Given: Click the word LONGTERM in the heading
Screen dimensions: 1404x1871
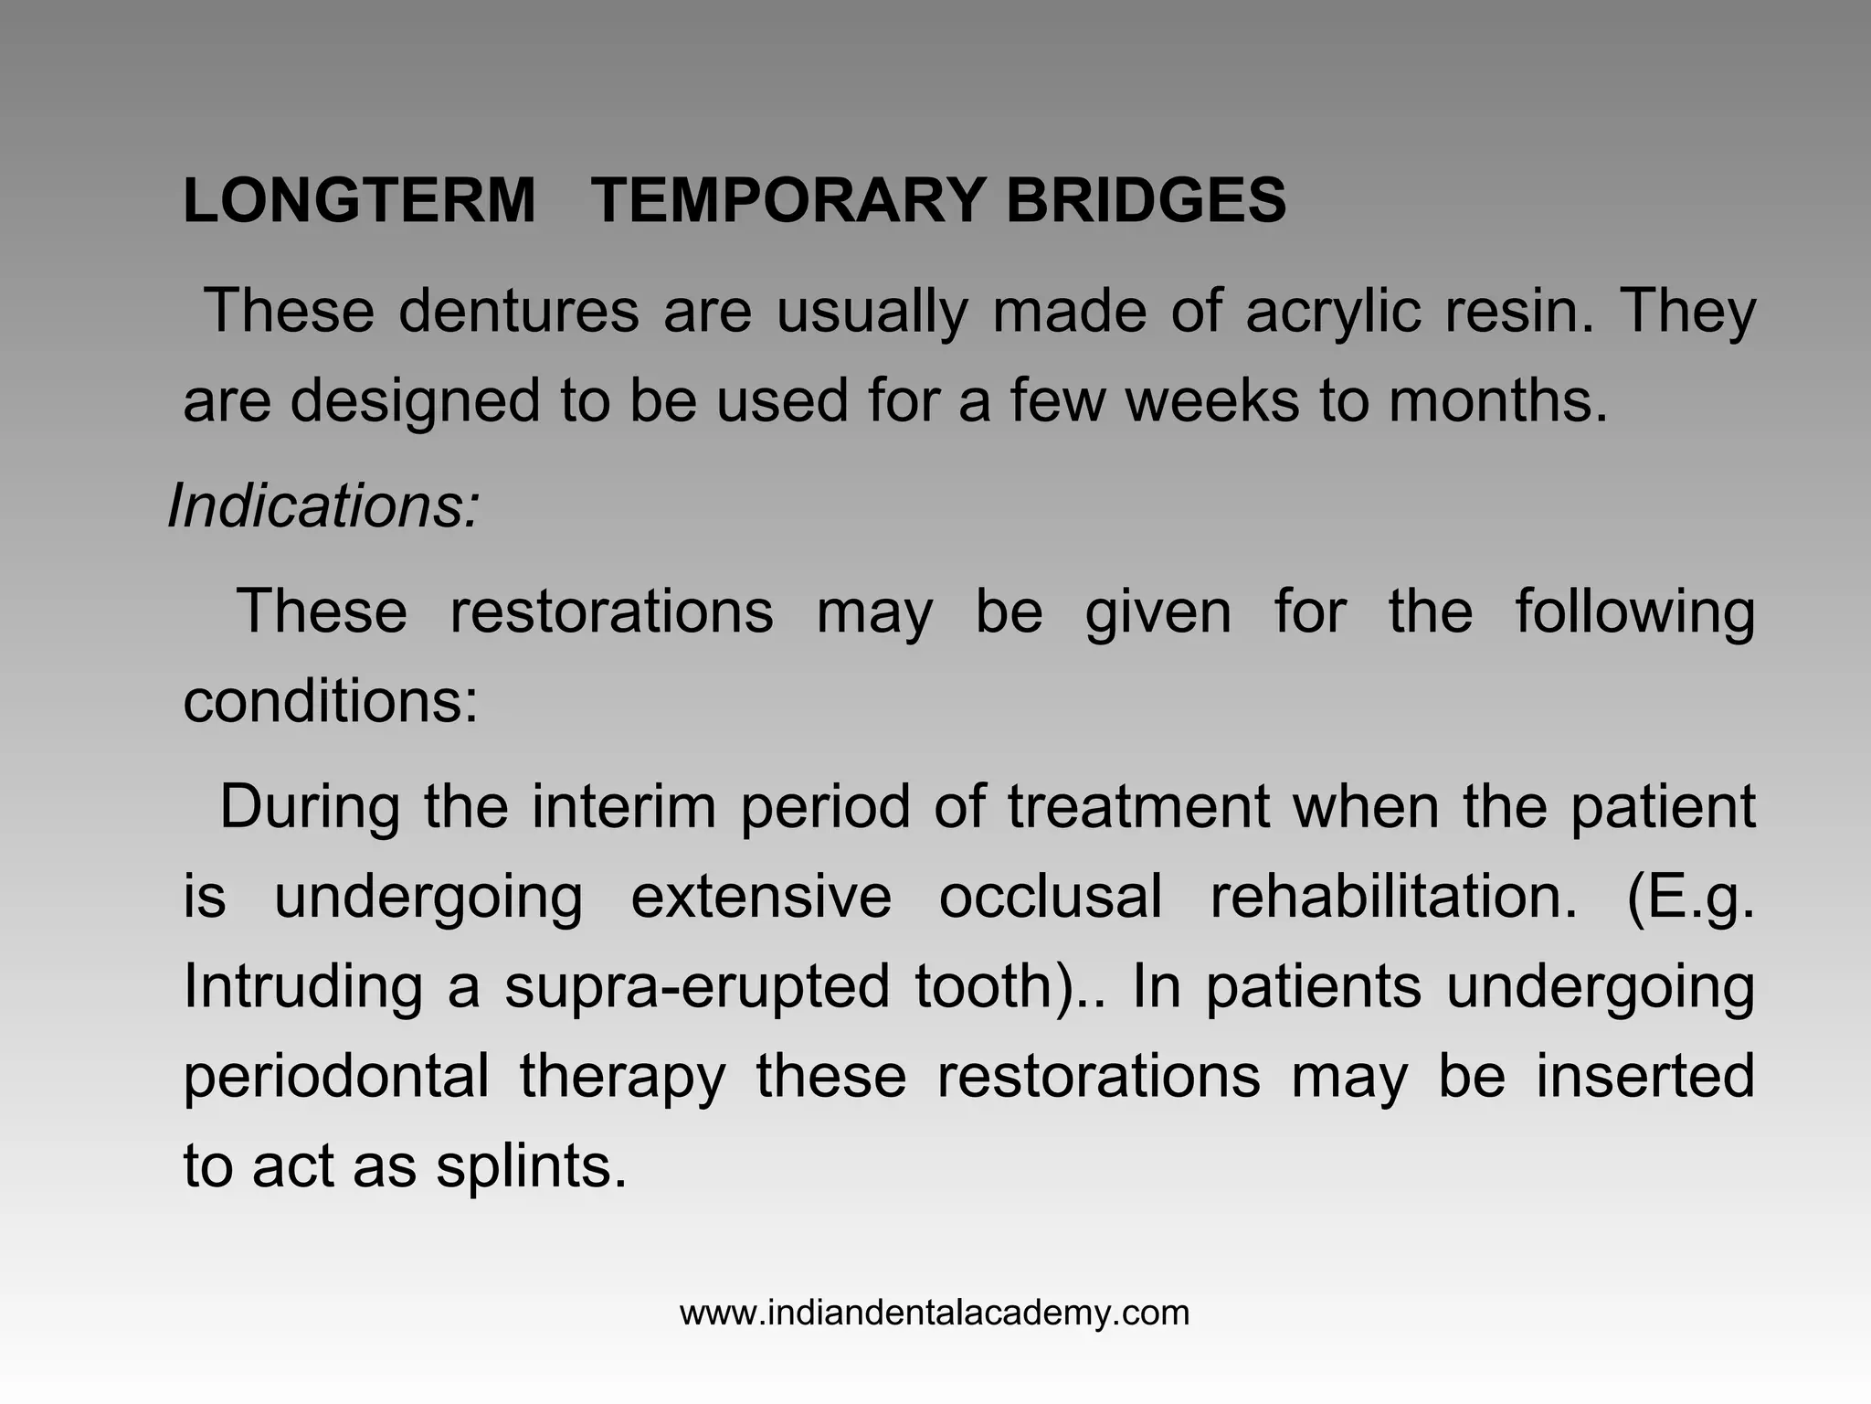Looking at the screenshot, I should pos(359,200).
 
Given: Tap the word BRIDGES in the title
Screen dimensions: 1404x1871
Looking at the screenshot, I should pos(1146,200).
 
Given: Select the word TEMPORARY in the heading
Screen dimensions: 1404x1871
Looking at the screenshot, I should pos(788,200).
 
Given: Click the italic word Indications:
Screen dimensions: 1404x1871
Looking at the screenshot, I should pos(323,505).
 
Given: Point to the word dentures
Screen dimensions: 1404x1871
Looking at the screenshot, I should pos(518,311).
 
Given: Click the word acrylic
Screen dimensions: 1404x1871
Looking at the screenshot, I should pos(1333,311).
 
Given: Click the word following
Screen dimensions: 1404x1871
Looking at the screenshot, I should pos(1634,612).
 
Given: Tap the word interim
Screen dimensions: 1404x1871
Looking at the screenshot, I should pos(624,807).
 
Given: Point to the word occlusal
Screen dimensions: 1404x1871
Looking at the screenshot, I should pos(1051,897).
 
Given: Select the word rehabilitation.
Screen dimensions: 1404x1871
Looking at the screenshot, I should pos(1393,897).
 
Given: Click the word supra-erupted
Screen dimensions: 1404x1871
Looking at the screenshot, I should pos(697,986).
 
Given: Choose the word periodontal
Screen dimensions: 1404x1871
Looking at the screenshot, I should pos(336,1076).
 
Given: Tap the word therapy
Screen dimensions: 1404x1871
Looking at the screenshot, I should pos(622,1076).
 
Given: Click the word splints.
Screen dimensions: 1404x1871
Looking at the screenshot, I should pos(531,1165).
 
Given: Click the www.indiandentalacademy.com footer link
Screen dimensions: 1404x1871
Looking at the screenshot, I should pos(935,1314).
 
